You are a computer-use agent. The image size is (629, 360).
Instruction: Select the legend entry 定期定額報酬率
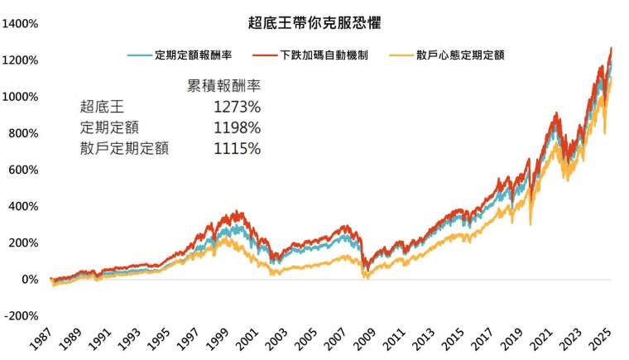[191, 55]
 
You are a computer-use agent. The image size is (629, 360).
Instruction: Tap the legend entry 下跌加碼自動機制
[324, 55]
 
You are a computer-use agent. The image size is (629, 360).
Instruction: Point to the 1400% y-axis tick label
[21, 24]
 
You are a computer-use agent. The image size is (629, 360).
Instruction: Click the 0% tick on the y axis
[29, 280]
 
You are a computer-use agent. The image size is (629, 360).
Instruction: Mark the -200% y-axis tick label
[21, 316]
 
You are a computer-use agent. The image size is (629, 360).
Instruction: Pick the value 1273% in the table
[237, 107]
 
